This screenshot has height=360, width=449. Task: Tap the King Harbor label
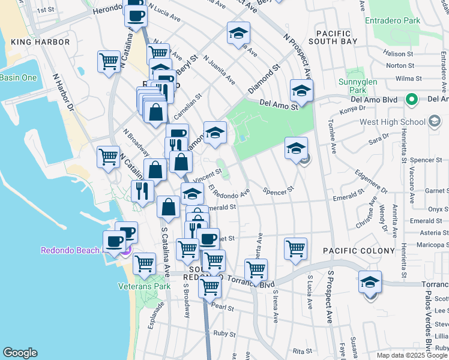click(x=40, y=43)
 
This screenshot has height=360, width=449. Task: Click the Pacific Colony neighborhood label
click(x=359, y=250)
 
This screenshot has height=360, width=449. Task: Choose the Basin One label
click(x=19, y=77)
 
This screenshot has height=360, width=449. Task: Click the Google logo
click(x=20, y=353)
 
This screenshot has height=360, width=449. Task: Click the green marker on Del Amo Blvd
click(x=411, y=99)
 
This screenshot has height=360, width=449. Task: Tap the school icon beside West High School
click(x=434, y=122)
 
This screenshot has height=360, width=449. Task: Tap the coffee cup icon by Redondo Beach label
click(x=114, y=242)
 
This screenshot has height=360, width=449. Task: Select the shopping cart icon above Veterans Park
click(x=144, y=263)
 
